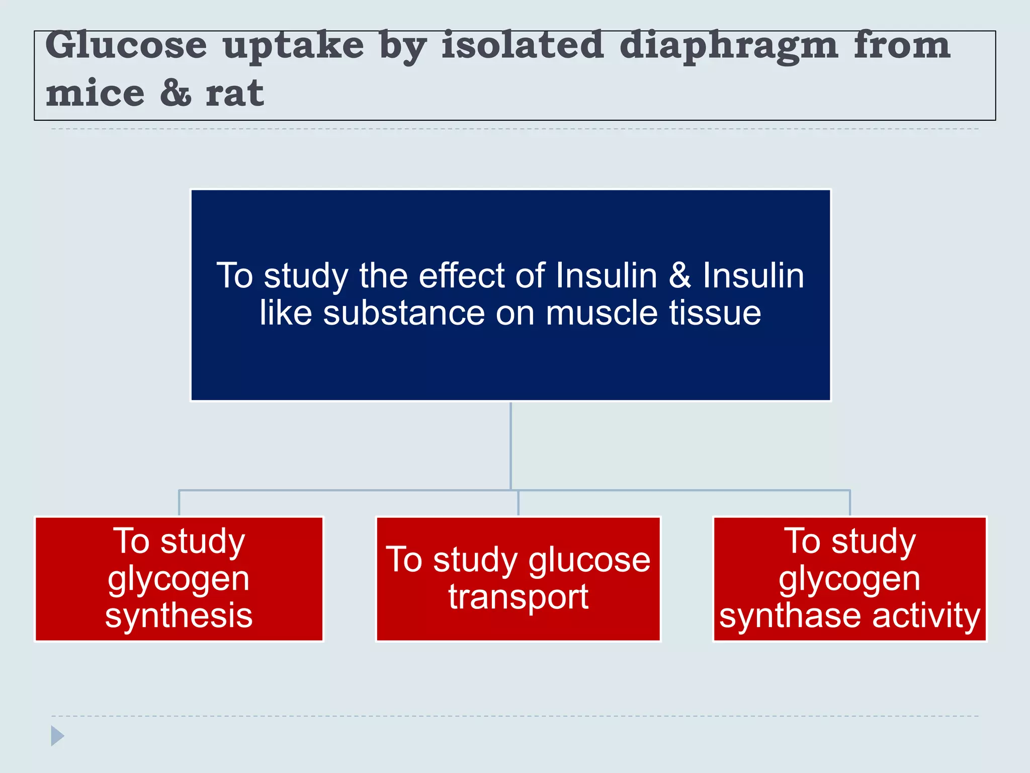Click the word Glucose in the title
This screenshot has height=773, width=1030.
126,45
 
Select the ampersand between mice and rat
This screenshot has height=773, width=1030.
176,93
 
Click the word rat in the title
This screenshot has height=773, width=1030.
234,93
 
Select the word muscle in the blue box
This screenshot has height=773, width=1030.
602,313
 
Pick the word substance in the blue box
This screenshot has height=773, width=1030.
404,313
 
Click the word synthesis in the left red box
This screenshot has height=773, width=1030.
179,615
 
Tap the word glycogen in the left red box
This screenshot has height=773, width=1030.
179,579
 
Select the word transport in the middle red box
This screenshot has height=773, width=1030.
518,597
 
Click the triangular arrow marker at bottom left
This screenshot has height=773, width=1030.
57,736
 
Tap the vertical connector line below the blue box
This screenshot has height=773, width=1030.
510,445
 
